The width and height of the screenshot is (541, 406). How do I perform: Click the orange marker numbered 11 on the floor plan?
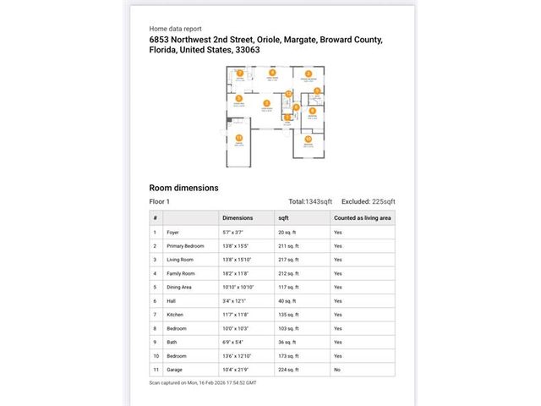[239, 137]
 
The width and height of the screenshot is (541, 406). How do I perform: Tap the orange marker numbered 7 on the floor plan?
[240, 74]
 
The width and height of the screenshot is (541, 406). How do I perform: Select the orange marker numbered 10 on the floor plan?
[309, 138]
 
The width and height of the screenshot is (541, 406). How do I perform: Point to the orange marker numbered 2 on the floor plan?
[309, 74]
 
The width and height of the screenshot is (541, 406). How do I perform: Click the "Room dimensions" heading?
[183, 188]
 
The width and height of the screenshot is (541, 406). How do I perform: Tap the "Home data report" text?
[175, 28]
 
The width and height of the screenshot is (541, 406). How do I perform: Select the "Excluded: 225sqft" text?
[368, 201]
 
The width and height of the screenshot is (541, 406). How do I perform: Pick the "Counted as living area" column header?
[362, 217]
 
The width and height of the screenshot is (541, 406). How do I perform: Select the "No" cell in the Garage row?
[337, 370]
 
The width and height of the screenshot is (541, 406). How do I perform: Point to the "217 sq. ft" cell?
[289, 260]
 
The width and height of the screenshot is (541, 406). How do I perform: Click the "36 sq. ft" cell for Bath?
[288, 343]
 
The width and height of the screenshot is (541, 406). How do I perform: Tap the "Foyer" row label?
[173, 232]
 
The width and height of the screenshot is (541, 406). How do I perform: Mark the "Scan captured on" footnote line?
[202, 382]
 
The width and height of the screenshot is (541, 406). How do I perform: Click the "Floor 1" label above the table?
[159, 201]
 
